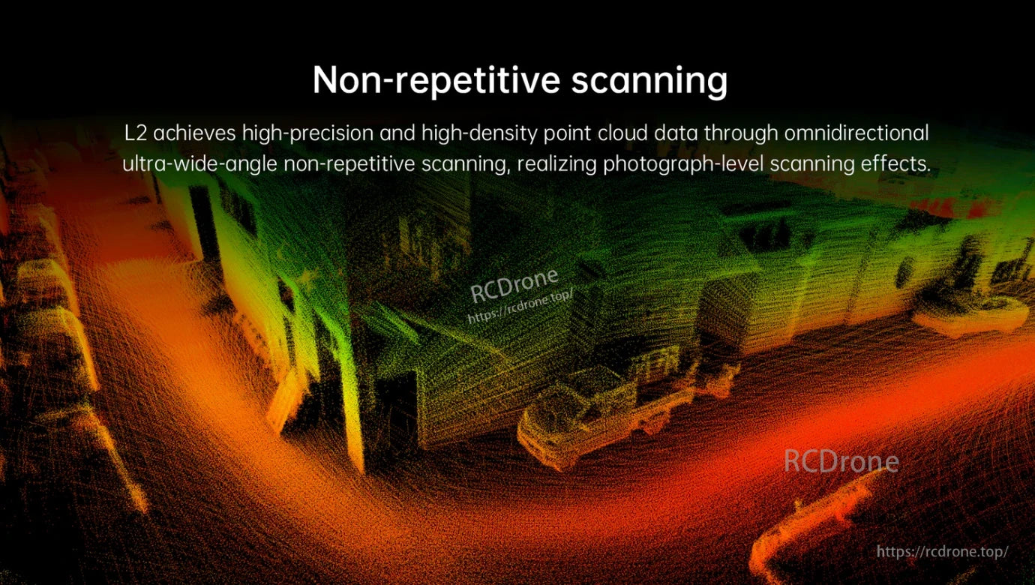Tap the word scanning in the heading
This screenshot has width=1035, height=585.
649,80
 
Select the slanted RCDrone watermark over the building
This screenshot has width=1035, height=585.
514,283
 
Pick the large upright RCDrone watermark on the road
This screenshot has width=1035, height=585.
841,461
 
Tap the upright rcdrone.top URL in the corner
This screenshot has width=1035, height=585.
943,551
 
